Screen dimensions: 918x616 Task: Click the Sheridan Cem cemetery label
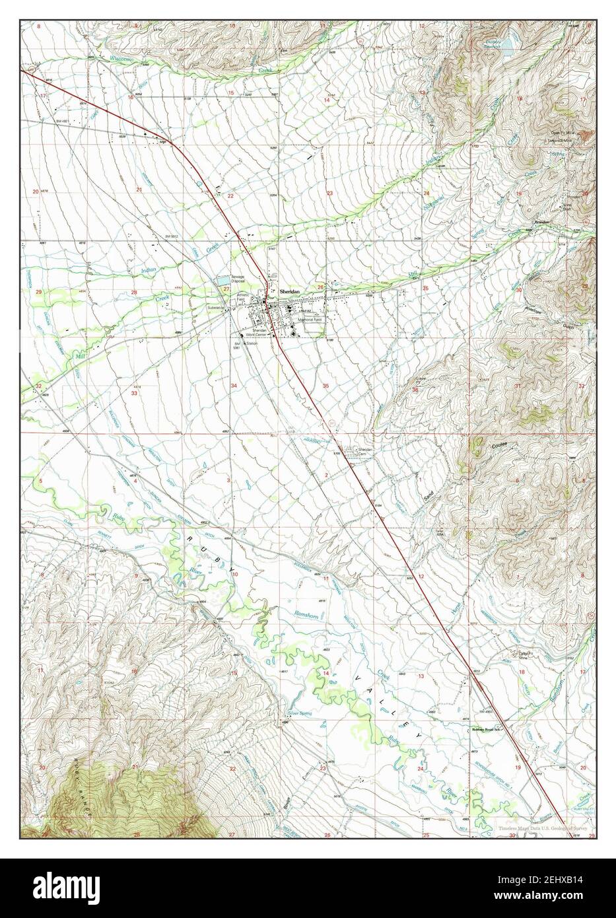click(x=365, y=451)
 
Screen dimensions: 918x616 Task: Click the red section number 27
click(x=226, y=289)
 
